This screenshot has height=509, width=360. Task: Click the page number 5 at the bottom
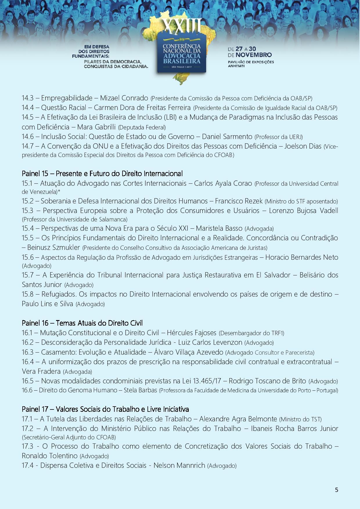click(336, 490)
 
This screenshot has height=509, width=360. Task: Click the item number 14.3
click(28, 98)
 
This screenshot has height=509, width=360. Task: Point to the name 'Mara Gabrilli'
click(97, 127)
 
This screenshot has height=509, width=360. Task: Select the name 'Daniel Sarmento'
click(227, 137)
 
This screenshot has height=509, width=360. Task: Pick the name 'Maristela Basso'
click(219, 228)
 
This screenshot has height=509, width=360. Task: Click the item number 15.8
click(28, 294)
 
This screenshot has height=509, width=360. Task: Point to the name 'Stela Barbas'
click(141, 390)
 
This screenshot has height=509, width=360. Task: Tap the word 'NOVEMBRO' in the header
click(253, 55)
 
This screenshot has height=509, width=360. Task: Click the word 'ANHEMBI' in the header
click(236, 66)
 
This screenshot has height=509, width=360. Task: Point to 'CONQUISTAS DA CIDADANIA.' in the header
click(116, 66)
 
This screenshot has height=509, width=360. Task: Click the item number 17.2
click(28, 429)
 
